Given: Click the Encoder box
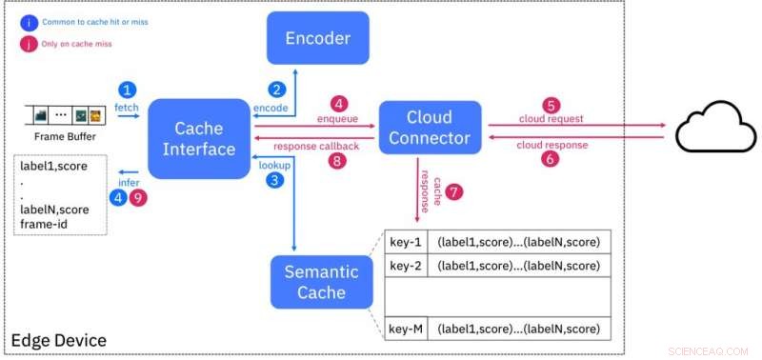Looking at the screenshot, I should click(318, 38).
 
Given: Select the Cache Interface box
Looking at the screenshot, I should click(198, 139).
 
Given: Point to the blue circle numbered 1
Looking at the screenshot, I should click(128, 90).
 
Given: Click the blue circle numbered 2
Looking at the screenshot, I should click(276, 90).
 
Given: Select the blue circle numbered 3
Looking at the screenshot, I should click(276, 179).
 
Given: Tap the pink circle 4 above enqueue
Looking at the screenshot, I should click(336, 103).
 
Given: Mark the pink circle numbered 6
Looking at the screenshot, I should click(550, 160).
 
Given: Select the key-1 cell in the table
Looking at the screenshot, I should click(407, 242).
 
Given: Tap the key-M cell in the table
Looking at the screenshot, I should click(407, 330).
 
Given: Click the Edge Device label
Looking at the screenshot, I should click(59, 340).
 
